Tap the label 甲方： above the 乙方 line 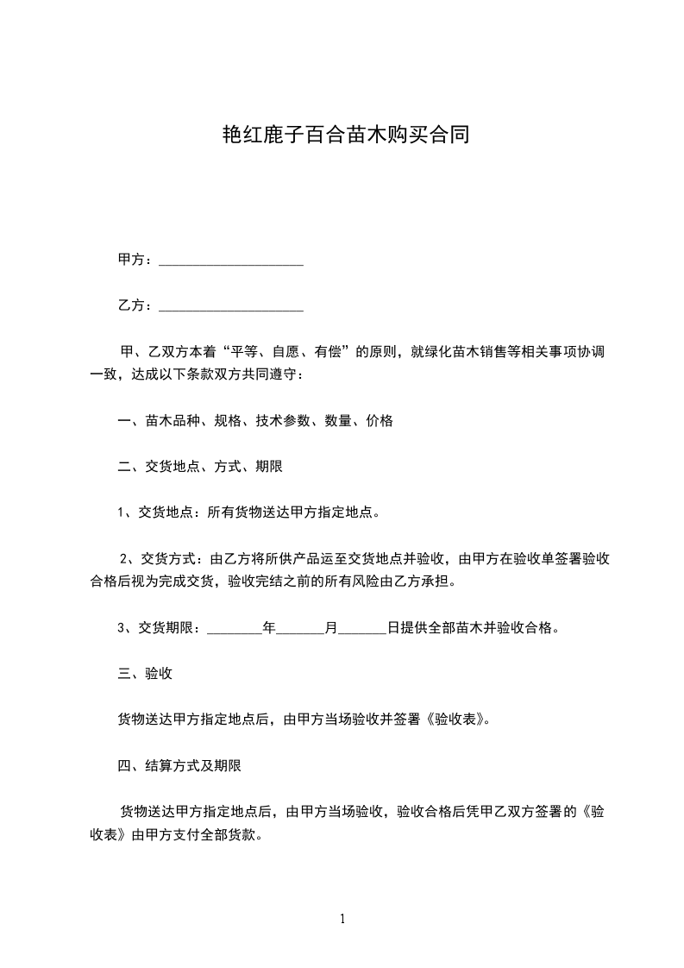(x=135, y=260)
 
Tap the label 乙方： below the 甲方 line (x=135, y=305)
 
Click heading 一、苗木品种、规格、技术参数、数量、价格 (x=255, y=421)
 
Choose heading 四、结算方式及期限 (x=179, y=764)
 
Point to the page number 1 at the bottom (x=342, y=919)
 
